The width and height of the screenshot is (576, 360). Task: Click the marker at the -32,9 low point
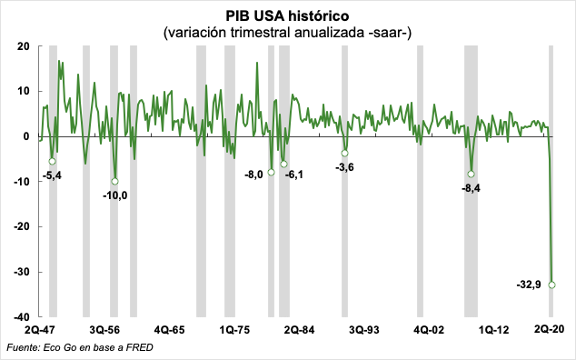pos(552,285)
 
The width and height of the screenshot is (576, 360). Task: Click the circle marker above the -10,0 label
pos(115,181)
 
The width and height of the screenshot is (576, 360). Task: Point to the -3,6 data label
pos(344,167)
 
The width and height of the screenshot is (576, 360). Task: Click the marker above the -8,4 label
pos(472,174)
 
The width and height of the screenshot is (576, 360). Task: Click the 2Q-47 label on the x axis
pos(40,330)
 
